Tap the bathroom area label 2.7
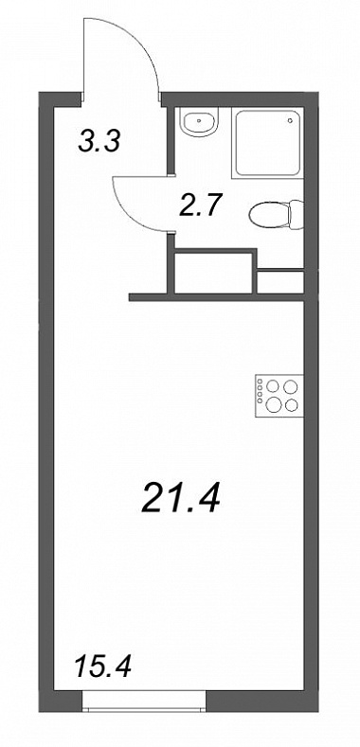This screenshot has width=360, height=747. coord(199,205)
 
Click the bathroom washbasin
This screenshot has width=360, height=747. coord(199,122)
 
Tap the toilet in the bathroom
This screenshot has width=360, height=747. coord(276,215)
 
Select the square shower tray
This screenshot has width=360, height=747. coord(267,143)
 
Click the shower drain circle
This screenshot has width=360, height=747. coord(290,120)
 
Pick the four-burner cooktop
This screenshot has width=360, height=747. coord(279,395)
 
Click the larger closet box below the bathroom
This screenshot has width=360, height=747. coord(213,273)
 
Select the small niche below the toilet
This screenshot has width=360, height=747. coord(280,282)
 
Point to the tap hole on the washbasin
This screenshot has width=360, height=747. coord(199,117)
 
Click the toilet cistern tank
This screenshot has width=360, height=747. coord(297,215)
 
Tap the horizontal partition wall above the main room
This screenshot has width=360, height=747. coord(217,297)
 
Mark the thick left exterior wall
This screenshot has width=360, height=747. coord(45,402)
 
